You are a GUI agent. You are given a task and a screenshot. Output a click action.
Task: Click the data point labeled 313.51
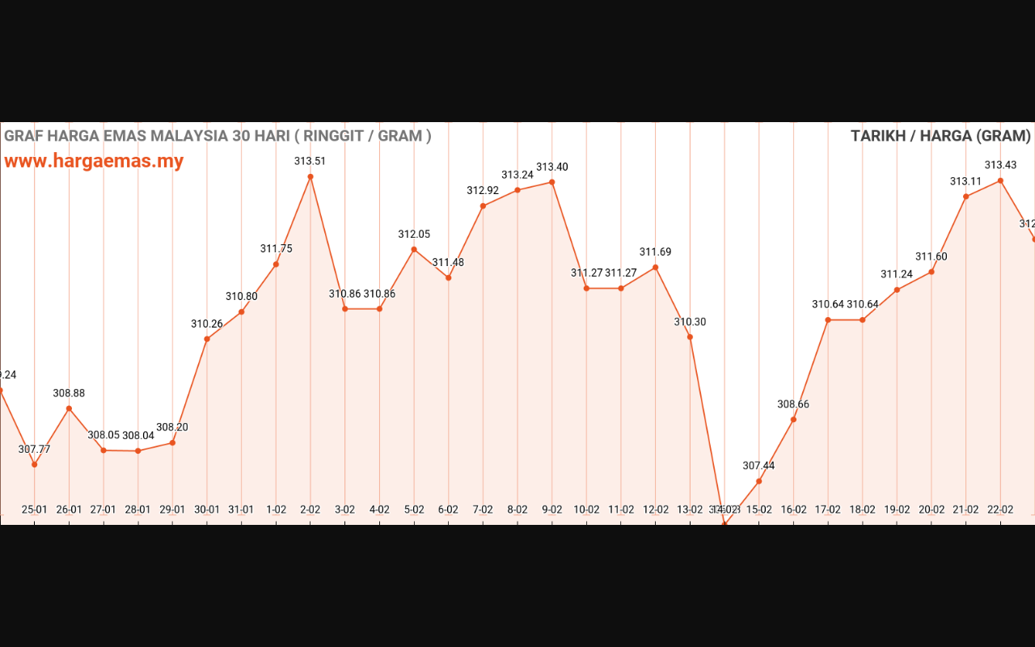point(310,176)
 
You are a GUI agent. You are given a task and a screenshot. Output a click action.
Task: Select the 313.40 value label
point(552,167)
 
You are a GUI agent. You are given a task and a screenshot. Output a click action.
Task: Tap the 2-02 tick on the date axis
point(310,510)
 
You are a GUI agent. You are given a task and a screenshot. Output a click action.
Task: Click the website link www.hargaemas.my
point(94,161)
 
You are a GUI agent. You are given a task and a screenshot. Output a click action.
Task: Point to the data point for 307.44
point(759,481)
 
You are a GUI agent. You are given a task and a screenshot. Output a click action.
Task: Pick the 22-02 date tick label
point(1000,510)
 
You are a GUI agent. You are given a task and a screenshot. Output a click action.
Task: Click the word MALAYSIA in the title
point(189,136)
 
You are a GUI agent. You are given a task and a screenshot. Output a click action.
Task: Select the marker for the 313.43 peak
point(1000,180)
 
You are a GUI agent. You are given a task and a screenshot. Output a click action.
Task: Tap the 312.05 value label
point(414,235)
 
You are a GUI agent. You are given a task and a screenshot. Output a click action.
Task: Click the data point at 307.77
point(34,464)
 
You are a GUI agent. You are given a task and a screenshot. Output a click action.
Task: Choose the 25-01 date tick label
point(34,510)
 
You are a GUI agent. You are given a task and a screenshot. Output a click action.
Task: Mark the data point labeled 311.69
point(655,267)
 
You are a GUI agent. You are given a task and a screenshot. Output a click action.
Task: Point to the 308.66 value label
point(793,404)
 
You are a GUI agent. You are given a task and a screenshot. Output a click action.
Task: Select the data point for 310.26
point(207,339)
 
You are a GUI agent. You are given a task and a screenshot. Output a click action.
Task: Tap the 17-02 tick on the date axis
point(828,510)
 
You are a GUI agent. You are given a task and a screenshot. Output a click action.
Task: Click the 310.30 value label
point(690,322)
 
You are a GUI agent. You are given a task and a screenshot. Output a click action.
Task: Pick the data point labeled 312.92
point(483,205)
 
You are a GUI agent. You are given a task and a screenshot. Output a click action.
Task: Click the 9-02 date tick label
point(552,510)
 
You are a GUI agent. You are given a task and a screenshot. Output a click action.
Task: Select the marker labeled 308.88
point(69,408)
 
